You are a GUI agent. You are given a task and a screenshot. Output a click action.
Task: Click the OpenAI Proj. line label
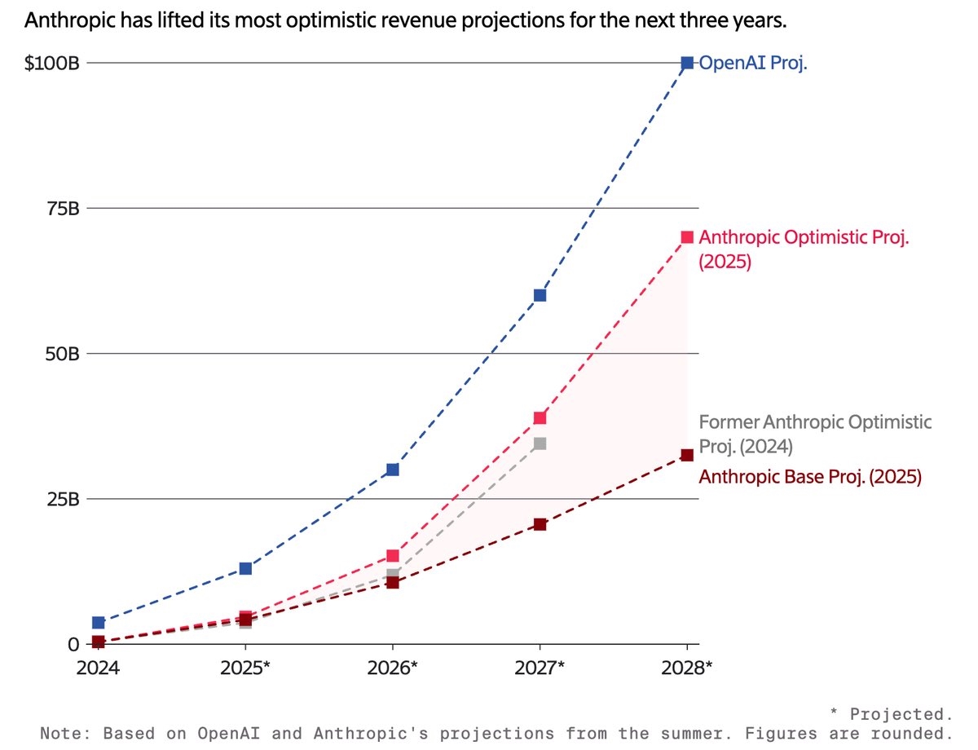(753, 64)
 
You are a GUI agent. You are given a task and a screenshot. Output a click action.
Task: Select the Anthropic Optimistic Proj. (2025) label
(803, 249)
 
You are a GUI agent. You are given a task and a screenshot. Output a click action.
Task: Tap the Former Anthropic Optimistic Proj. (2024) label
(815, 434)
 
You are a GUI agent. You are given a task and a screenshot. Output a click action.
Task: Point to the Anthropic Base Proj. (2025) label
(810, 478)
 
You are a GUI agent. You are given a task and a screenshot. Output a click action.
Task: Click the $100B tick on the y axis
(51, 64)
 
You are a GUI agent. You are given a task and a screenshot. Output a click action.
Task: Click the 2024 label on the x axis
(98, 668)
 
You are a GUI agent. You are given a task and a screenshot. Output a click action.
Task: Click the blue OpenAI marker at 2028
(687, 63)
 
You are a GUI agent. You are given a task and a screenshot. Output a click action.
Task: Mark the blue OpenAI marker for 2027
(540, 295)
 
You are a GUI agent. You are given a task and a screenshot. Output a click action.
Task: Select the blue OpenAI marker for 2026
(393, 470)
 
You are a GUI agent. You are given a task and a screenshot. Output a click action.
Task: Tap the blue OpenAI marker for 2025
(245, 568)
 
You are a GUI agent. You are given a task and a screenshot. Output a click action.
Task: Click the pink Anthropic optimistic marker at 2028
(687, 237)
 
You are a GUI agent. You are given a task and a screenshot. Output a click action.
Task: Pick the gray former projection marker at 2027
(540, 443)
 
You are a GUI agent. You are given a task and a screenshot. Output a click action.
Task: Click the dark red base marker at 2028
(687, 455)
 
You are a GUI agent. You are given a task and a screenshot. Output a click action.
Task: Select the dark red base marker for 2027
(540, 524)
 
